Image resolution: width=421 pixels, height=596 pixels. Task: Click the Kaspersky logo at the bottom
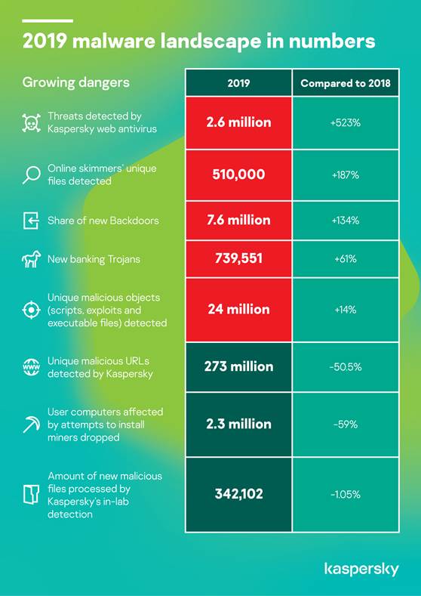pyautogui.click(x=361, y=570)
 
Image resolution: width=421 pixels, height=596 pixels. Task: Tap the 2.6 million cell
pyautogui.click(x=238, y=122)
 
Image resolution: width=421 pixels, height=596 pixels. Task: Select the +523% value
pyautogui.click(x=346, y=122)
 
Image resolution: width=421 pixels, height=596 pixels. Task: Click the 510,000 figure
pyautogui.click(x=238, y=174)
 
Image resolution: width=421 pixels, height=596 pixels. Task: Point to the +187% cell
pyautogui.click(x=346, y=174)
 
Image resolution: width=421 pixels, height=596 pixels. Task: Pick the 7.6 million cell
pyautogui.click(x=238, y=220)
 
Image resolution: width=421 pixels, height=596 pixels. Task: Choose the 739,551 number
pyautogui.click(x=238, y=258)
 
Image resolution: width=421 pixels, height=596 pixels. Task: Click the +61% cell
pyautogui.click(x=346, y=258)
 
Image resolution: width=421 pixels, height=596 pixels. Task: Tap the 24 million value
pyautogui.click(x=238, y=310)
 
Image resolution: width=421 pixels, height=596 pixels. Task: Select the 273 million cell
pyautogui.click(x=238, y=366)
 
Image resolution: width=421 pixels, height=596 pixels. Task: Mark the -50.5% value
pyautogui.click(x=346, y=367)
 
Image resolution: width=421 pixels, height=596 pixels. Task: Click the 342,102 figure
pyautogui.click(x=238, y=494)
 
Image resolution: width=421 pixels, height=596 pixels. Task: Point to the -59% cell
pyautogui.click(x=346, y=425)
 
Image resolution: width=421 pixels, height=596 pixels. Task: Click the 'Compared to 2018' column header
pyautogui.click(x=346, y=83)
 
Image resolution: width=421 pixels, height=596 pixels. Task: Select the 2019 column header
pyautogui.click(x=238, y=83)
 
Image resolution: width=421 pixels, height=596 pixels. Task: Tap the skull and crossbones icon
pyautogui.click(x=31, y=122)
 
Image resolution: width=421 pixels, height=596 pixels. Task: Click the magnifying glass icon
pyautogui.click(x=31, y=175)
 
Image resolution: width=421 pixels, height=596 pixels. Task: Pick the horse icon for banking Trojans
pyautogui.click(x=31, y=260)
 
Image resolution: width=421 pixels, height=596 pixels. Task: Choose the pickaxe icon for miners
pyautogui.click(x=31, y=424)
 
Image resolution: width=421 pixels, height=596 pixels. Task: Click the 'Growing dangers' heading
pyautogui.click(x=76, y=83)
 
